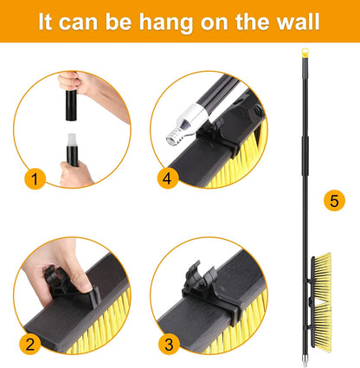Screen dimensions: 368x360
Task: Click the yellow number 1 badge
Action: [x=34, y=180]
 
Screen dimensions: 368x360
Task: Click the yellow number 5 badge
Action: [x=332, y=200]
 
